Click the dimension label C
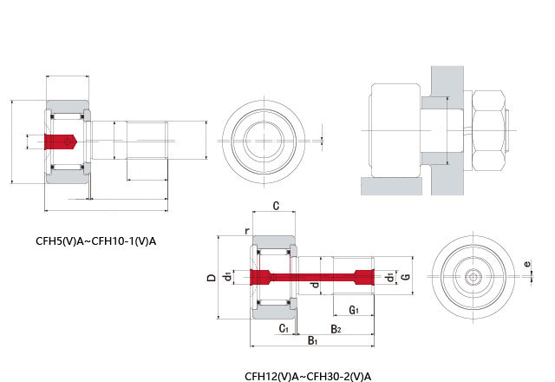coord(277,206)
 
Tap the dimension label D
coord(212,278)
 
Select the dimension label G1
coord(354,311)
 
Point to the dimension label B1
coord(312,341)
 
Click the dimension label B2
coord(336,329)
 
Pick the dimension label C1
coord(284,328)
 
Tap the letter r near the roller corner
coord(247,231)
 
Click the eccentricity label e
coord(527,264)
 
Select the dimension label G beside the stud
coord(407,276)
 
